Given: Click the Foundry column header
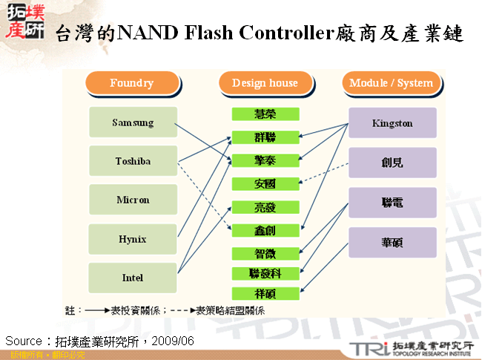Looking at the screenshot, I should (x=132, y=83).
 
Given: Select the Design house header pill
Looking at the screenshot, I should (x=265, y=83).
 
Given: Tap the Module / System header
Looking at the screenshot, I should (x=391, y=83).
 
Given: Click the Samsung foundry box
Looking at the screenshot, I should (x=133, y=122).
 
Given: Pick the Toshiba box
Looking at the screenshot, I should (x=133, y=161).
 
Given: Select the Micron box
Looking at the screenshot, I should (x=133, y=200).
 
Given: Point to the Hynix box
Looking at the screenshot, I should (x=133, y=239).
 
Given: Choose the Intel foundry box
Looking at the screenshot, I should (x=133, y=278).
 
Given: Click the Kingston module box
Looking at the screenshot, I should (x=392, y=123).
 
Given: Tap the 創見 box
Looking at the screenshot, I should (x=392, y=163).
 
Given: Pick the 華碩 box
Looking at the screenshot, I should (x=392, y=242).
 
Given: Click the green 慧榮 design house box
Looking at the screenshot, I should (x=265, y=114).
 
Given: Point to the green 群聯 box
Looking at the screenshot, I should (x=265, y=137).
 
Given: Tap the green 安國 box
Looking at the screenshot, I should (x=265, y=183).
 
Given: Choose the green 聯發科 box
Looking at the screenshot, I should (x=265, y=273).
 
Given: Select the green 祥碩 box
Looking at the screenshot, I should (x=265, y=293).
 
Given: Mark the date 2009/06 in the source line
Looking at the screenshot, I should (x=175, y=341).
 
